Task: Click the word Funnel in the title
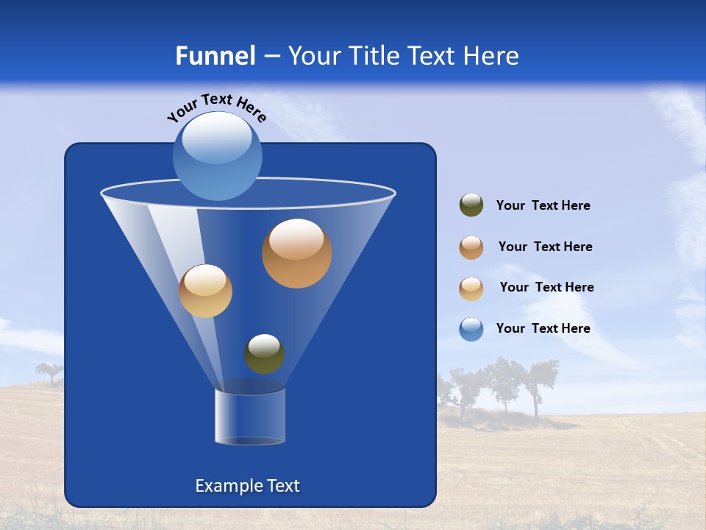[215, 56]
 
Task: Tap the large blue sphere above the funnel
[218, 155]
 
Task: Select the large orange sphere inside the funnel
[296, 253]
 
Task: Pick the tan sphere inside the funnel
[205, 291]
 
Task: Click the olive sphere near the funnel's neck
[264, 354]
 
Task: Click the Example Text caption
[247, 486]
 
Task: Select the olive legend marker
[471, 205]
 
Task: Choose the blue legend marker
[471, 329]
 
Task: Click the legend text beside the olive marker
[543, 205]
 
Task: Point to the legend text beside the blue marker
[543, 328]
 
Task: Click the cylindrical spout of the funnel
[250, 417]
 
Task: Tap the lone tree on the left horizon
[50, 372]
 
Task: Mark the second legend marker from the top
[471, 247]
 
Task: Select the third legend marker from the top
[471, 289]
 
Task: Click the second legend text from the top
[545, 247]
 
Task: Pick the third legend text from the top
[546, 287]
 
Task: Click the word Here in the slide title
[493, 56]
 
